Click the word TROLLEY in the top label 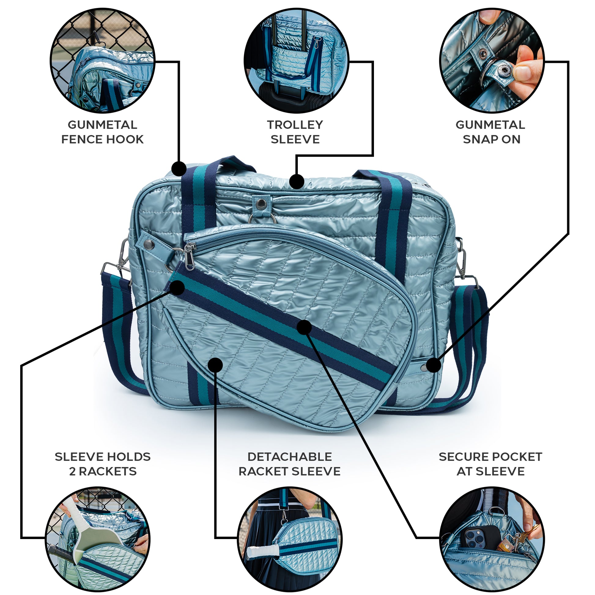coord(295,125)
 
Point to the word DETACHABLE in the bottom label coord(290,457)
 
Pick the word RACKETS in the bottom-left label coord(108,471)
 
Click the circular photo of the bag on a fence coord(102,61)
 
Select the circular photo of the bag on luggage coord(297,61)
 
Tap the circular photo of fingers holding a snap coord(492,61)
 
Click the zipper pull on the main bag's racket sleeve coord(189,257)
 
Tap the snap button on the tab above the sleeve coord(262,202)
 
